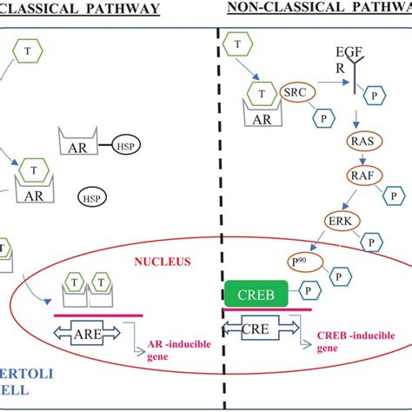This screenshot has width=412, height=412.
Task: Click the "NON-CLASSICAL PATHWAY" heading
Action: pos(318,9)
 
